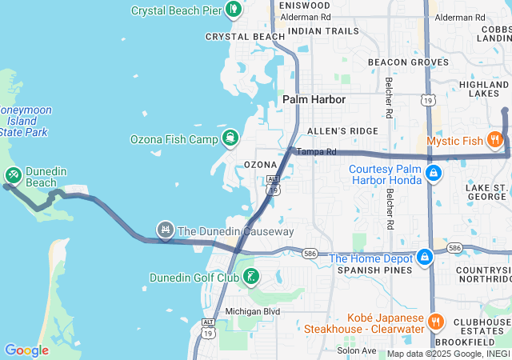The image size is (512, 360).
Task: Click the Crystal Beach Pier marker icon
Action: click(234, 10)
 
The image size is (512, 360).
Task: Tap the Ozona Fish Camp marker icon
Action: click(230, 138)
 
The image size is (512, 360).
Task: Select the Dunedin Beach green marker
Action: click(14, 175)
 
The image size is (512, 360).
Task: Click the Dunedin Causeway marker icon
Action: click(166, 230)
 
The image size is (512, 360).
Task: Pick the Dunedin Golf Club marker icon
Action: click(252, 278)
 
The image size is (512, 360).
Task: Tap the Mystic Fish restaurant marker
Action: click(495, 141)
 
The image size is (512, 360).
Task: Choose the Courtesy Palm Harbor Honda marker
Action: click(433, 173)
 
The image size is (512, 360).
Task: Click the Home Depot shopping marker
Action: click(425, 258)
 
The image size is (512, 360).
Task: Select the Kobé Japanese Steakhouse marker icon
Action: click(436, 322)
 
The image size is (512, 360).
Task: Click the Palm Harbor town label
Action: click(314, 100)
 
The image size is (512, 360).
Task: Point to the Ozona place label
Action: click(260, 165)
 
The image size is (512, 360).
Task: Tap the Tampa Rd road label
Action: click(317, 151)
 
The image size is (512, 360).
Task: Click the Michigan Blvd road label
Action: click(252, 311)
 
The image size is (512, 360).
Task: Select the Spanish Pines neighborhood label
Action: click(367, 271)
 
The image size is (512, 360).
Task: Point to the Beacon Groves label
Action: click(407, 62)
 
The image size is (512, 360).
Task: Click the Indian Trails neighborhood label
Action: click(323, 31)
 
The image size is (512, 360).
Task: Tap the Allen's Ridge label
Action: click(342, 130)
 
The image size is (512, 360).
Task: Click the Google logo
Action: click(26, 350)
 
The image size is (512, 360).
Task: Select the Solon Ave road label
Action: click(356, 350)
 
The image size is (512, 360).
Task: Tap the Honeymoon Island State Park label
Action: click(18, 120)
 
